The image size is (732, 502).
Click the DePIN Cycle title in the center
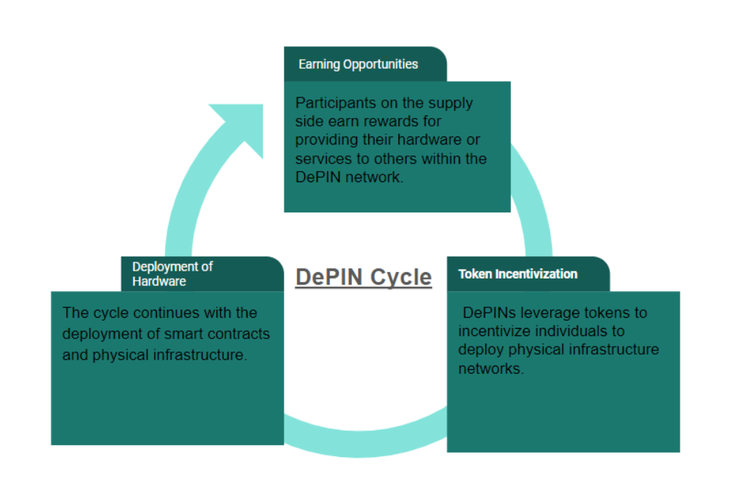point(363,277)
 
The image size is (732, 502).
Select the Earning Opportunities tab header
point(358,64)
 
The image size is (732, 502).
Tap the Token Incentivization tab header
point(518,274)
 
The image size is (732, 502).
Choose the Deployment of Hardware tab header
point(172,273)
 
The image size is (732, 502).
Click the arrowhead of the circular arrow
point(240,125)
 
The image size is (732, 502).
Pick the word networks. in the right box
point(491,369)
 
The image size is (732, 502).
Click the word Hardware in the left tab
point(159,281)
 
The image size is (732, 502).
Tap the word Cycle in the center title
point(401,277)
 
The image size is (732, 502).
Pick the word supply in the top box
point(453,102)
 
